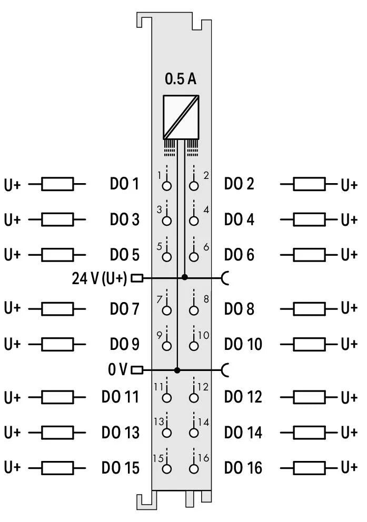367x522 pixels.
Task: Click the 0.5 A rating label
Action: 181,79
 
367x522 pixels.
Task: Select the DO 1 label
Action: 124,184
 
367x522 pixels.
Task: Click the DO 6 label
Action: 239,255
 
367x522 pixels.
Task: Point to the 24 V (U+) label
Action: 100,278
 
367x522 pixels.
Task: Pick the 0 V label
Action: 118,370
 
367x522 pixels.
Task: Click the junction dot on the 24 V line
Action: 184,277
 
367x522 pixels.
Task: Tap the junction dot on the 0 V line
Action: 177,370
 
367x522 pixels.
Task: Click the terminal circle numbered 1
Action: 167,186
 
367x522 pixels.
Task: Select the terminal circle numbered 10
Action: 194,346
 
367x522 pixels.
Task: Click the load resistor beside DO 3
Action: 57,219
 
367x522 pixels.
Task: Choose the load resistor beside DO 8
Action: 309,309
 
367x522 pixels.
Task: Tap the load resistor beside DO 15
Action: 57,467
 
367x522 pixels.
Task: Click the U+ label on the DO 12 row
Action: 349,397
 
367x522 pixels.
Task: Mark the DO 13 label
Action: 120,433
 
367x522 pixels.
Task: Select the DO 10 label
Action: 243,344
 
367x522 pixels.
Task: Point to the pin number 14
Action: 204,422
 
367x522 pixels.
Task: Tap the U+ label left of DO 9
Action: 12,344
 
